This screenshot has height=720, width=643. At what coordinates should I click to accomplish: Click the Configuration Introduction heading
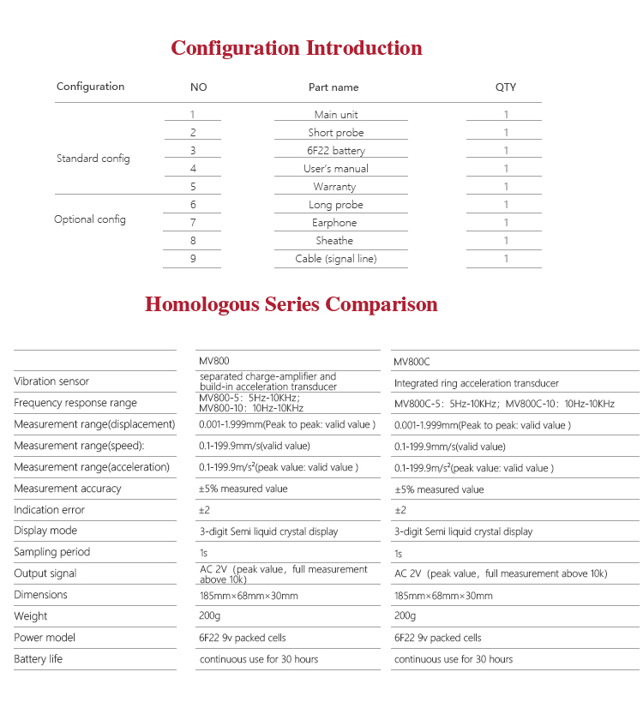pyautogui.click(x=297, y=48)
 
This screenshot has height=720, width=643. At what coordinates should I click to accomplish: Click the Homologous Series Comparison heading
pyautogui.click(x=291, y=304)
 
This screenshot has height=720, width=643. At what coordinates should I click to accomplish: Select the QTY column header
pyautogui.click(x=506, y=87)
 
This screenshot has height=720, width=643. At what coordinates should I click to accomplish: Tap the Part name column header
pyautogui.click(x=334, y=87)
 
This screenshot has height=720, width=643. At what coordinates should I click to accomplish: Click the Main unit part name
pyautogui.click(x=336, y=114)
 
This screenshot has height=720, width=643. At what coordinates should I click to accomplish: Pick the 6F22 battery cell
pyautogui.click(x=336, y=150)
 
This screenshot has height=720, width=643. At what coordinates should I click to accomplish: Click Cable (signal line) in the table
pyautogui.click(x=336, y=259)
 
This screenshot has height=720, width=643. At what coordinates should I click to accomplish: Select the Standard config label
pyautogui.click(x=93, y=159)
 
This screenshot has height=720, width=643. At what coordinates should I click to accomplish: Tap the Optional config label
pyautogui.click(x=90, y=219)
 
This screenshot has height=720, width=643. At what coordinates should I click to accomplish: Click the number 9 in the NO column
pyautogui.click(x=193, y=259)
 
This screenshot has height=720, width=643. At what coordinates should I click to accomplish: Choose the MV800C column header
pyautogui.click(x=413, y=362)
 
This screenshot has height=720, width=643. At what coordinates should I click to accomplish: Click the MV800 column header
pyautogui.click(x=214, y=362)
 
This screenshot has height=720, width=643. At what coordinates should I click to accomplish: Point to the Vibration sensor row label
pyautogui.click(x=51, y=381)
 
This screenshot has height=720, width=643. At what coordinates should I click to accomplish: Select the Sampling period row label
pyautogui.click(x=51, y=552)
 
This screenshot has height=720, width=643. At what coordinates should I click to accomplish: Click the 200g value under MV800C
pyautogui.click(x=405, y=616)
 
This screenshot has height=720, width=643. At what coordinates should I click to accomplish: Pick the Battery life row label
pyautogui.click(x=38, y=659)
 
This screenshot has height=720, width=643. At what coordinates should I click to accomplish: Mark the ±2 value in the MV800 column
pyautogui.click(x=206, y=510)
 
